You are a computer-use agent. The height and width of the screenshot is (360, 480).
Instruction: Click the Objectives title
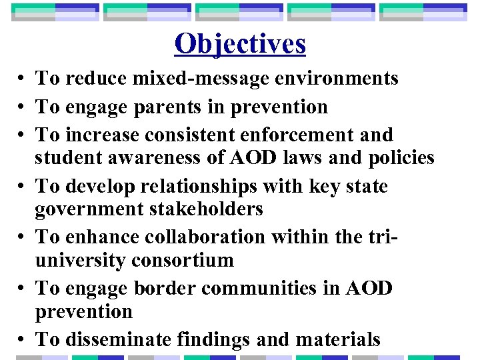[x=240, y=44]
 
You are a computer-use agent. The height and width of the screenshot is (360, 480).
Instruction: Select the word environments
[x=333, y=79]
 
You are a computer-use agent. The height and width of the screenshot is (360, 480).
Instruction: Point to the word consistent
[x=201, y=135]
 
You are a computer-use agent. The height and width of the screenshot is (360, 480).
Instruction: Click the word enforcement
[x=306, y=135]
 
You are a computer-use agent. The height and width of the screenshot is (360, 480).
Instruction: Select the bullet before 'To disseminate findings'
[x=23, y=340]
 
